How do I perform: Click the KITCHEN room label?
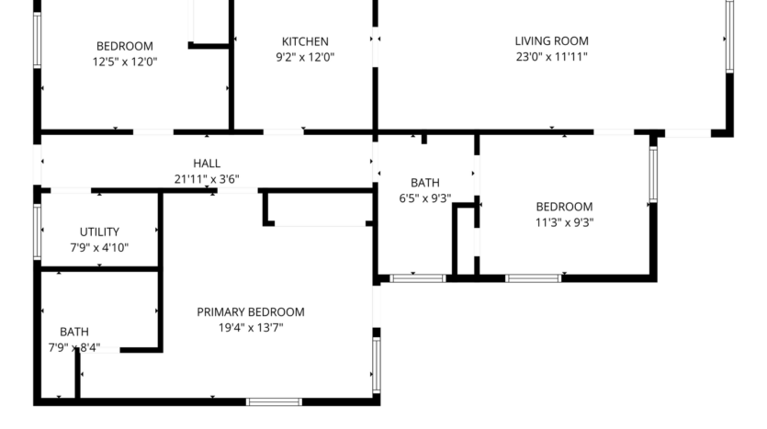click(305, 41)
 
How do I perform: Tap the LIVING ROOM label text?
click(551, 41)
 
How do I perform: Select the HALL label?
click(207, 164)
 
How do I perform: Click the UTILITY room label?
click(99, 232)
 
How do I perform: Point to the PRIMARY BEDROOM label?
click(251, 312)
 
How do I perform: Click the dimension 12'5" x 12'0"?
click(124, 62)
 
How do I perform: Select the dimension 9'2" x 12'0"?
click(305, 57)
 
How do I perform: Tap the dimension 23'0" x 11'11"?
click(551, 57)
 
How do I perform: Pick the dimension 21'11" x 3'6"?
click(207, 179)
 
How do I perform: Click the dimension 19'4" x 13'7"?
click(251, 328)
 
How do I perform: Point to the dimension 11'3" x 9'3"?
click(564, 222)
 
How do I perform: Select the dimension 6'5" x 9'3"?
click(424, 198)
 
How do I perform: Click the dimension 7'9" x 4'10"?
click(99, 248)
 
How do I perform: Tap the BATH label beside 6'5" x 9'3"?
click(424, 183)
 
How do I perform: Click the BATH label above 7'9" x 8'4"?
click(74, 332)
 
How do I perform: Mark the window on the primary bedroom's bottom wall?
click(274, 401)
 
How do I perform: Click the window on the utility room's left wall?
click(38, 231)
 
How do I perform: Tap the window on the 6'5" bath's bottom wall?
click(418, 277)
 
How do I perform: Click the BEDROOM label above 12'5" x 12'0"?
click(124, 46)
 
